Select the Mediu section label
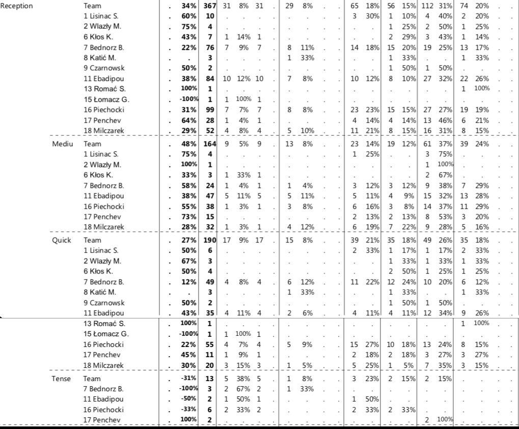62,144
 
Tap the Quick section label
62,240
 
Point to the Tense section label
61,379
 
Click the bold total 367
210,6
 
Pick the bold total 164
210,144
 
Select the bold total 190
210,240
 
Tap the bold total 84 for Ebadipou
210,78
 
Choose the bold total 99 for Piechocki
210,110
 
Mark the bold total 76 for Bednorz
210,47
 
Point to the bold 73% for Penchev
189,217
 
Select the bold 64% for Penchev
189,120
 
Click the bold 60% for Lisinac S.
189,16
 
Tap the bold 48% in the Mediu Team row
189,144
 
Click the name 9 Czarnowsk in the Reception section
103,68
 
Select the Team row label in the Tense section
92,379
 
